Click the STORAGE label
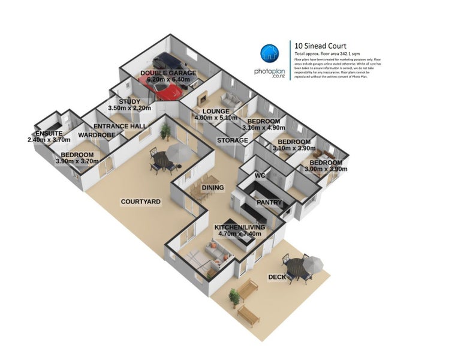tap(233, 140)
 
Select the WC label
tap(260, 175)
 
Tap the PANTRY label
tap(269, 202)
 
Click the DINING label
tap(213, 188)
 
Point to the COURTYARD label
tap(140, 202)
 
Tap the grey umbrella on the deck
tap(311, 262)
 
